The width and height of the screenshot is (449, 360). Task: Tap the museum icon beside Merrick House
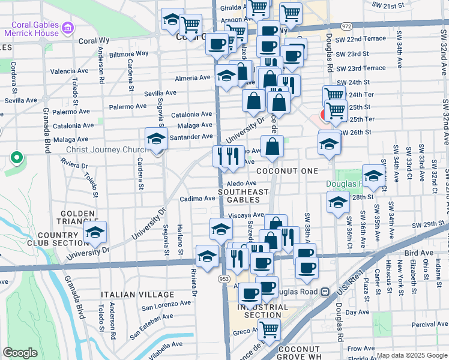pos(67,28)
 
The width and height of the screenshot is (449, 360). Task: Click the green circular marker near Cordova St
pos(17,159)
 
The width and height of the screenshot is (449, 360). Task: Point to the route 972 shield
pos(346,27)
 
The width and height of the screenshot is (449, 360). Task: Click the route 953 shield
pos(224,279)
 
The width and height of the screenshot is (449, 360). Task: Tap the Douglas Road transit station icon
pos(325,292)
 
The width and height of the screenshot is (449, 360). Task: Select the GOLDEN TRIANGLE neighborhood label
pos(77,218)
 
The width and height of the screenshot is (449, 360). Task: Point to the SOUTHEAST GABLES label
pos(243,196)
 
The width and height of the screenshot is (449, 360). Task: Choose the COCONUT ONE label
pos(287,171)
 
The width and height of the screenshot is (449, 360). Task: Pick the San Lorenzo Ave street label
pos(166,307)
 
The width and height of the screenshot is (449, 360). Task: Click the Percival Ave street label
pos(430,325)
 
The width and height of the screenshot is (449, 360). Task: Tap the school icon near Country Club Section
pos(95,233)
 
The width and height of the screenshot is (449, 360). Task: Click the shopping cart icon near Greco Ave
pos(270,329)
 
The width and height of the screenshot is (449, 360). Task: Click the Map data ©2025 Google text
pos(412,355)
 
